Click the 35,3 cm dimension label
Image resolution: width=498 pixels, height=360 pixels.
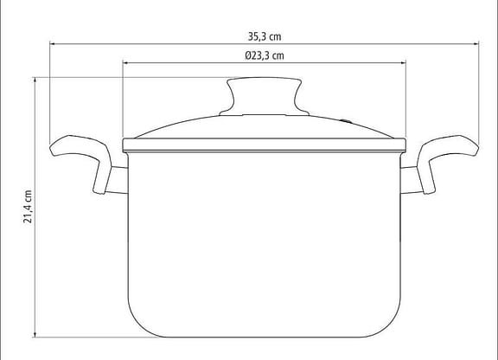coord(265,36)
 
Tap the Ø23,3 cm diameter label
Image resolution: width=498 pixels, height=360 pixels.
coord(265,55)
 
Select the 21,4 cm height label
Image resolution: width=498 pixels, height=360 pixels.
coord(28,207)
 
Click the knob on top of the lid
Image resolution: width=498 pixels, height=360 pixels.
coord(265,96)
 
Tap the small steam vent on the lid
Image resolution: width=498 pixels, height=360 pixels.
coord(346,121)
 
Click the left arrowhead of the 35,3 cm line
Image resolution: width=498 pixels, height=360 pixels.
coord(53,43)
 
